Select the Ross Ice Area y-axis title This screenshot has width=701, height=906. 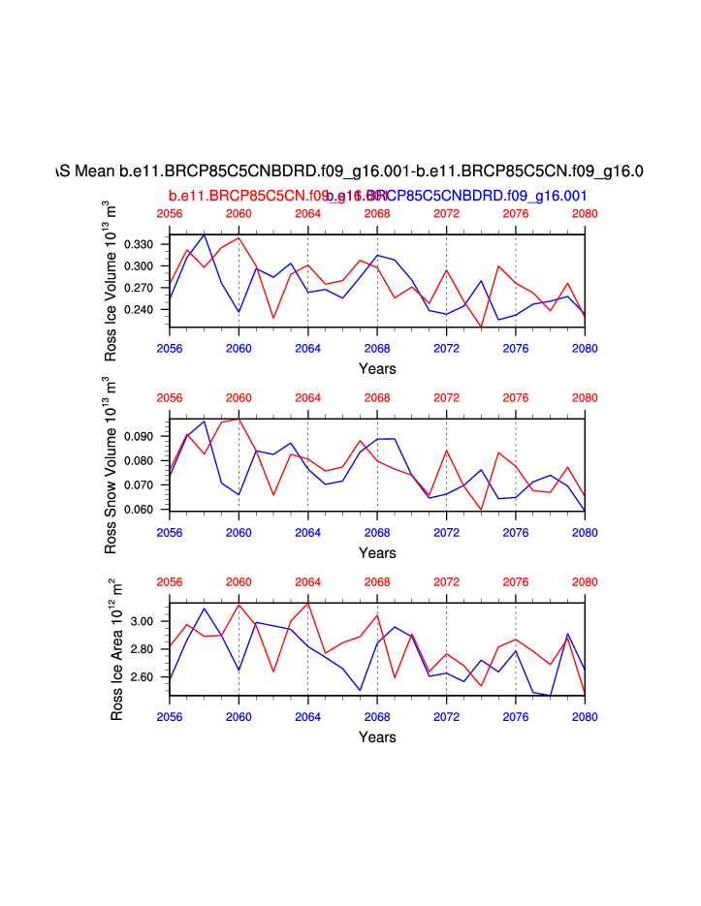[x=116, y=649]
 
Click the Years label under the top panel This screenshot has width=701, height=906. [x=377, y=368]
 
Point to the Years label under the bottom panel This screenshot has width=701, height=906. [x=377, y=736]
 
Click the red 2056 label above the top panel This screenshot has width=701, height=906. [x=170, y=213]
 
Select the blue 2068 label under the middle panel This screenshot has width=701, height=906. [x=377, y=530]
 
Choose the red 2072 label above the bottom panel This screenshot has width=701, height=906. [x=446, y=582]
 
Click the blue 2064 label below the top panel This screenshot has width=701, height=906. [x=307, y=346]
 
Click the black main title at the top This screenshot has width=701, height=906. [x=350, y=172]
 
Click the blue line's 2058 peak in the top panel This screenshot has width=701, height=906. [x=204, y=234]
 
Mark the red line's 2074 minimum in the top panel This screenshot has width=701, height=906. [x=481, y=328]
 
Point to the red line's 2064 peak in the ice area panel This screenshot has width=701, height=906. [x=307, y=604]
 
